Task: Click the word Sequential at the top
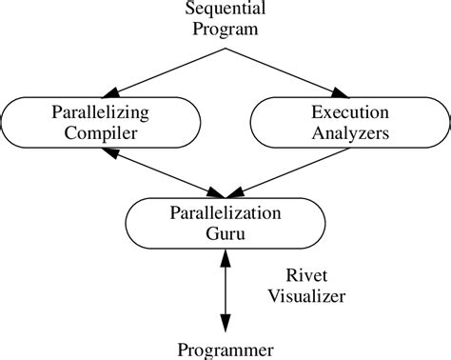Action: (x=225, y=10)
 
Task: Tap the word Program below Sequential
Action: (x=225, y=30)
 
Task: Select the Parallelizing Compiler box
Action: (x=100, y=123)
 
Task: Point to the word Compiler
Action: (x=100, y=133)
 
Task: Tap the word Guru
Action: (x=225, y=233)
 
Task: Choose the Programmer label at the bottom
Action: (x=225, y=349)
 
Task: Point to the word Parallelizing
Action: (x=100, y=112)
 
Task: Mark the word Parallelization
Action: (x=225, y=212)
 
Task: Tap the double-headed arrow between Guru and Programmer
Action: (x=225, y=290)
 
